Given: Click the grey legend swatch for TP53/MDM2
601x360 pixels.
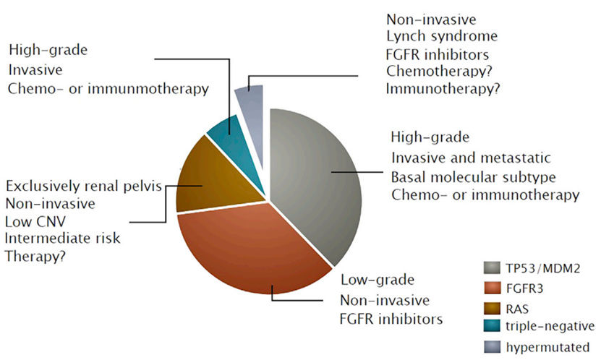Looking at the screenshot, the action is (x=492, y=268).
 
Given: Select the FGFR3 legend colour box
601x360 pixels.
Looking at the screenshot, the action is (x=492, y=288).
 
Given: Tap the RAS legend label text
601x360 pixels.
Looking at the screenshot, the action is (x=517, y=309).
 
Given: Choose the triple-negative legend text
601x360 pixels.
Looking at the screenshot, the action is (x=550, y=326).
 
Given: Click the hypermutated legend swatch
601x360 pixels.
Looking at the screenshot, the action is (x=492, y=346).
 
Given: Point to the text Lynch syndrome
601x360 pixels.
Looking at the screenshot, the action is (x=442, y=37).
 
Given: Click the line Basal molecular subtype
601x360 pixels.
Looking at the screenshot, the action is (x=474, y=178).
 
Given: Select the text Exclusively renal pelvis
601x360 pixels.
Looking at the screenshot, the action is (x=84, y=187).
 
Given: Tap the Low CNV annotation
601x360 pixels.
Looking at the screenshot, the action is (x=35, y=221).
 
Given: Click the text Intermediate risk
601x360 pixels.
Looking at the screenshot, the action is (x=62, y=239).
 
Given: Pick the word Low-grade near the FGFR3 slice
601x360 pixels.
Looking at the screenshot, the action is (x=378, y=280).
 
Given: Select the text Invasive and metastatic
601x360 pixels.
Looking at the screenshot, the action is (x=471, y=158).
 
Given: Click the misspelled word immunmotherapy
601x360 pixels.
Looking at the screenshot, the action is (x=148, y=89).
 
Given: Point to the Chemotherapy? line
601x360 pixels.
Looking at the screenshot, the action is (x=439, y=72).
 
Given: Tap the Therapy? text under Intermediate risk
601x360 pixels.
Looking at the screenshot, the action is (x=35, y=256).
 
